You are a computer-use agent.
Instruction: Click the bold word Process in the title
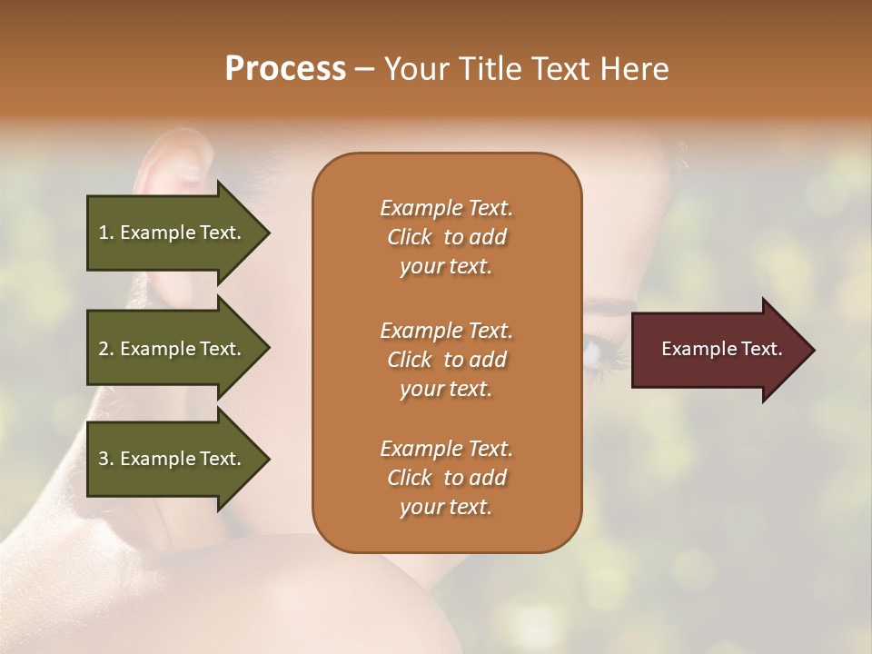[285, 69]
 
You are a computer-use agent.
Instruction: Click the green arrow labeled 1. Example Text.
[173, 233]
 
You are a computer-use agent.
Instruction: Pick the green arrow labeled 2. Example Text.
[173, 349]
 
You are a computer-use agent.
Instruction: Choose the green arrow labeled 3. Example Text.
[173, 459]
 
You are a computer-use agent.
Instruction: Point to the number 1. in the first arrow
[106, 233]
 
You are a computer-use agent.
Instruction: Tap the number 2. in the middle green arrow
[106, 349]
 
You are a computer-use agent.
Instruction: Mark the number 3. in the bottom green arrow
[106, 459]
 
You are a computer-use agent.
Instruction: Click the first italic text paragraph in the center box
[446, 237]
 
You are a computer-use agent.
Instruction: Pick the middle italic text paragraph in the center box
[446, 360]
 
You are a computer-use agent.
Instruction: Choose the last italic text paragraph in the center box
[446, 478]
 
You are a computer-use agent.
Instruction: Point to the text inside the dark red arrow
[722, 349]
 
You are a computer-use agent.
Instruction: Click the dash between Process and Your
[364, 70]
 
